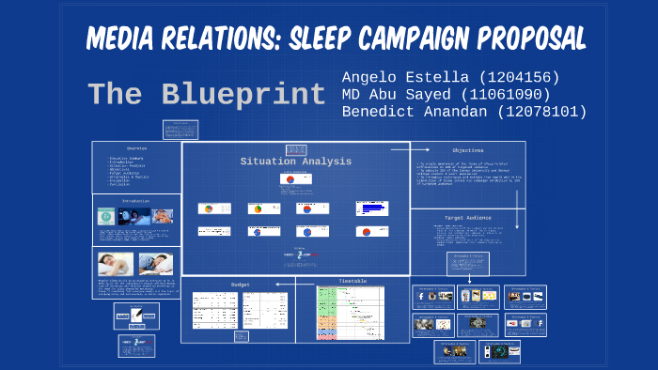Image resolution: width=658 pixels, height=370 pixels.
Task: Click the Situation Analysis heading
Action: (295, 162)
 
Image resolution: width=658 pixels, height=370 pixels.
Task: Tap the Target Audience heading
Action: (468, 216)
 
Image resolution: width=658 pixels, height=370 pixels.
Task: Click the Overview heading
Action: (137, 148)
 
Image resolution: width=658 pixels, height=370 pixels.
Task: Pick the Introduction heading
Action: (136, 200)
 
